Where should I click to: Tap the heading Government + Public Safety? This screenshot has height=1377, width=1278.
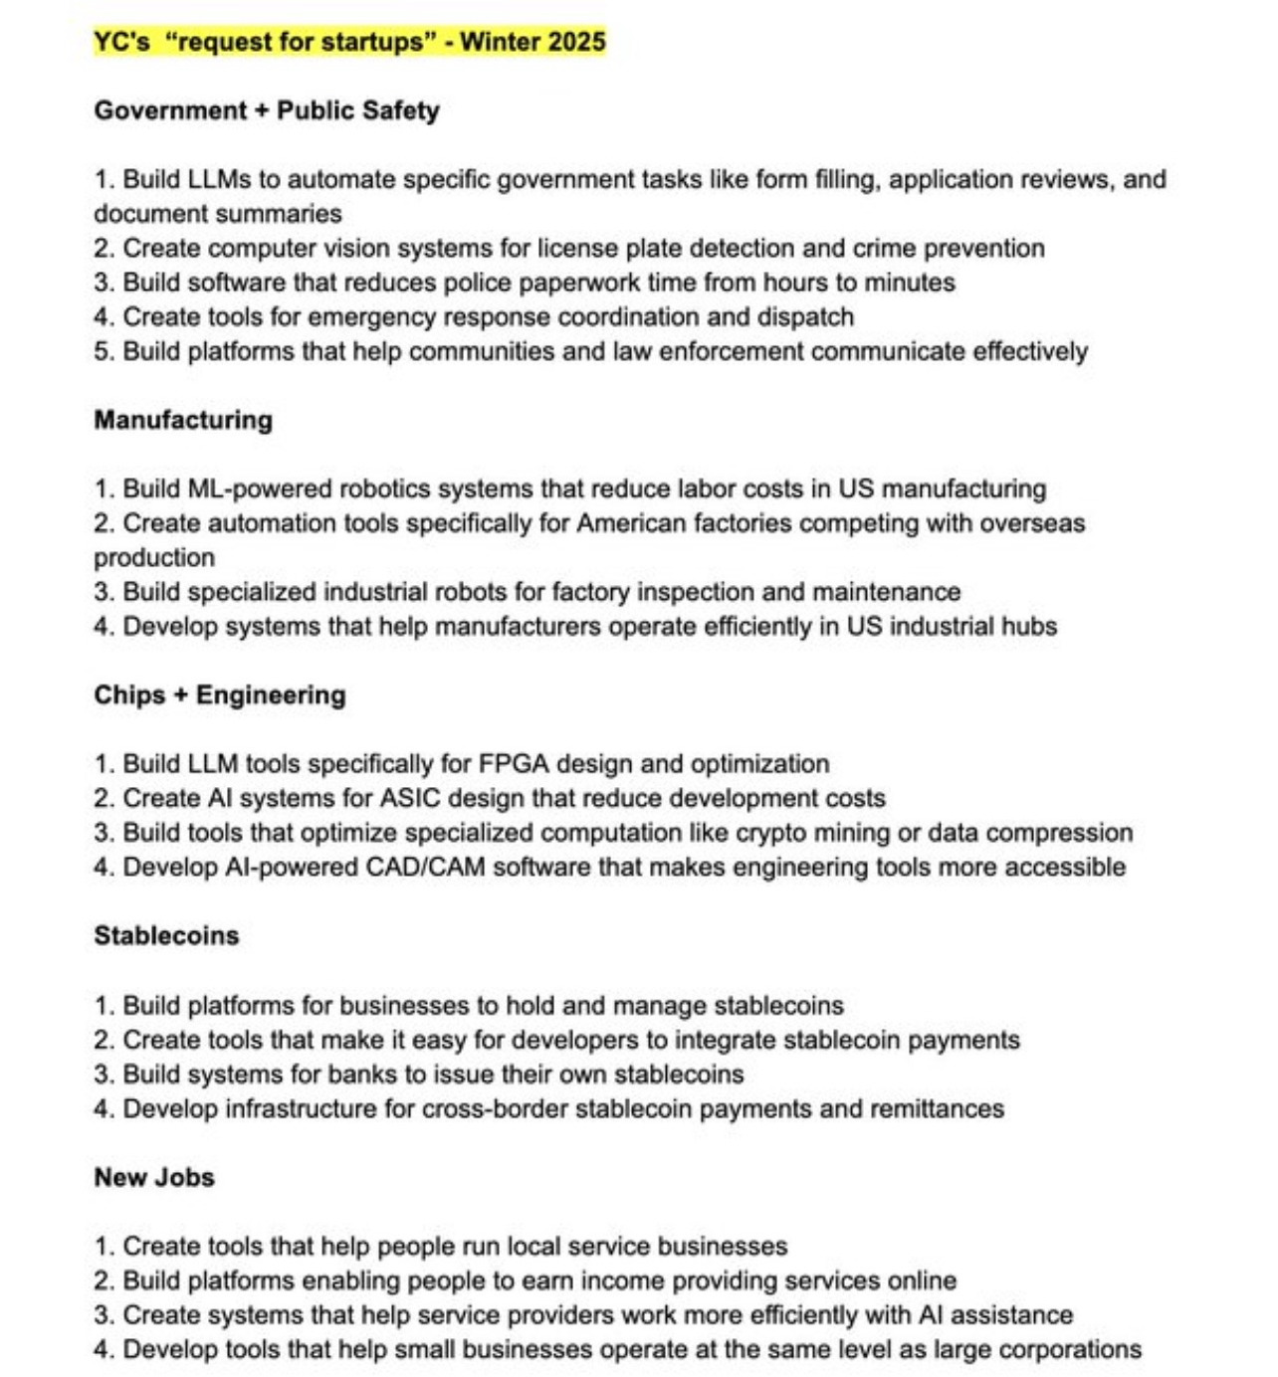267,110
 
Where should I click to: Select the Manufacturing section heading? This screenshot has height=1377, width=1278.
183,420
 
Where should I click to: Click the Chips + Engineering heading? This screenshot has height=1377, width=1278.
220,694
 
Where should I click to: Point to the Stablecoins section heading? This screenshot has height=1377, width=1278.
166,935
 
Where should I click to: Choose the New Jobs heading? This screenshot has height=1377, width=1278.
154,1177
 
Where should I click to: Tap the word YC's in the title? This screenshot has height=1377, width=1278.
121,42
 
